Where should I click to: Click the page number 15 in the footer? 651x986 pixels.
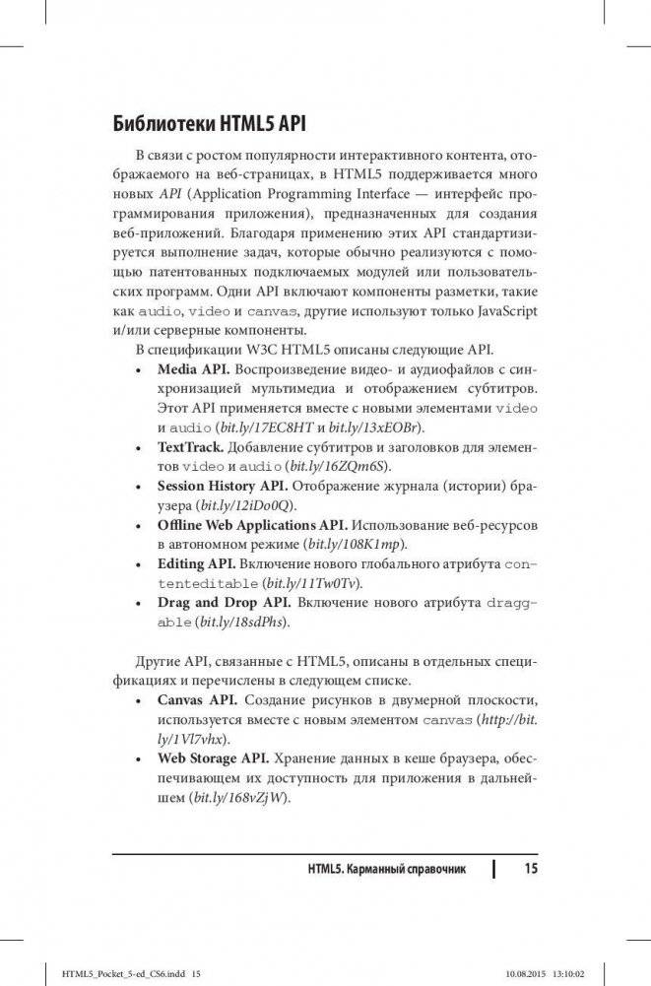tap(531, 868)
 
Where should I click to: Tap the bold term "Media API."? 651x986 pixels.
tap(194, 367)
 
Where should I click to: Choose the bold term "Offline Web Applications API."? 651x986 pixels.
tap(252, 524)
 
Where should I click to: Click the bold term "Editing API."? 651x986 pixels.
tap(196, 564)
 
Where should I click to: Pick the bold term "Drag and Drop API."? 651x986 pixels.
tap(218, 603)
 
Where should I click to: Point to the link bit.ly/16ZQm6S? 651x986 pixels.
tap(345, 465)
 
